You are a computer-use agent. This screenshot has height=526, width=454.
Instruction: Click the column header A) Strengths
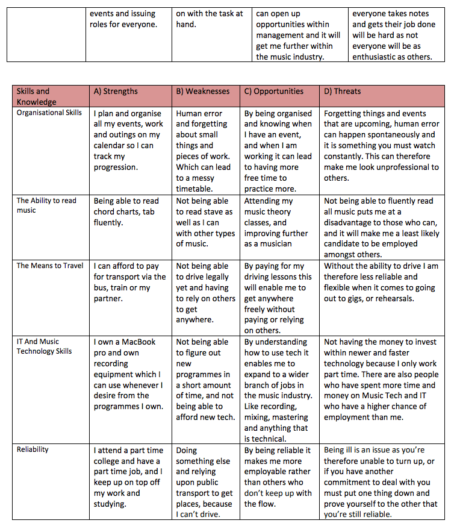click(x=116, y=92)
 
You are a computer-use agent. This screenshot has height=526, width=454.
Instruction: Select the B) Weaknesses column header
click(x=203, y=92)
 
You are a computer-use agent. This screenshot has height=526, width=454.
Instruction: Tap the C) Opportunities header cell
click(x=274, y=92)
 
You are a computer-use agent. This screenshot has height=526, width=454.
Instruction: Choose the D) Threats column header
click(x=343, y=92)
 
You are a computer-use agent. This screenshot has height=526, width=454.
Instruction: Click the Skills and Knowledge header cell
click(x=33, y=96)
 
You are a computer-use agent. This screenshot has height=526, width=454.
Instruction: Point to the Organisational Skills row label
click(x=49, y=113)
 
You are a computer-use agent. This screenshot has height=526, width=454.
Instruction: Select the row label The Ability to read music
click(x=46, y=205)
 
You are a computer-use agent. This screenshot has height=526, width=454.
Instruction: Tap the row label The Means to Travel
click(x=50, y=265)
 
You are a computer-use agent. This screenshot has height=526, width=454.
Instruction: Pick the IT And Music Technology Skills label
click(x=44, y=346)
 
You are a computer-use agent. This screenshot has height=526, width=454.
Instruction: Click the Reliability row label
click(x=33, y=449)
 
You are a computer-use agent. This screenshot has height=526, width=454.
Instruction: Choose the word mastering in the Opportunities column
click(x=293, y=418)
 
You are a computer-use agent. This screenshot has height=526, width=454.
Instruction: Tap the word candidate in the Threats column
click(x=344, y=244)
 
